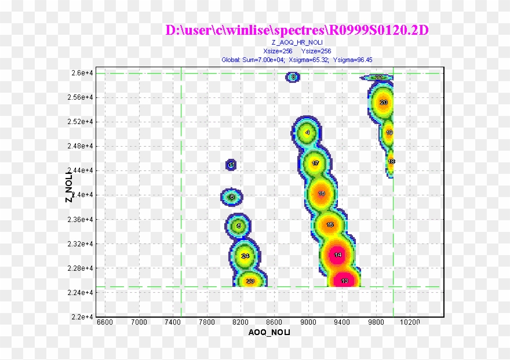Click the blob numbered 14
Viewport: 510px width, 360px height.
point(338,255)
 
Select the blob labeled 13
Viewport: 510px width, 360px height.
point(344,281)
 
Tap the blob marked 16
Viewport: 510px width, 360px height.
point(322,194)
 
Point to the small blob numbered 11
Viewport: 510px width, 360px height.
point(231,165)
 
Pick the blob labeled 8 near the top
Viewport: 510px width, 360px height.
point(294,77)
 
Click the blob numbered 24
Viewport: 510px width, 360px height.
point(245,256)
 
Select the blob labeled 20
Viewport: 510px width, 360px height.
point(383,103)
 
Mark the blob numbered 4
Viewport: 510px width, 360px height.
point(307,133)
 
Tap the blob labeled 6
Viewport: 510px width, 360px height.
point(232,197)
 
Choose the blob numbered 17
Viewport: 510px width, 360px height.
point(315,163)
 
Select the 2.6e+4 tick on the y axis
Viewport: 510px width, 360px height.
point(82,73)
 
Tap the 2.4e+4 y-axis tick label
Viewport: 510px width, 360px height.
point(82,195)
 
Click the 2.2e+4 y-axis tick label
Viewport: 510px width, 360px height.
point(82,317)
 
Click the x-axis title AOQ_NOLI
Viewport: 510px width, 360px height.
point(269,332)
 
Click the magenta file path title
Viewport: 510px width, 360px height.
point(297,30)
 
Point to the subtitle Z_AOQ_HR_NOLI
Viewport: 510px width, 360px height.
point(297,43)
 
